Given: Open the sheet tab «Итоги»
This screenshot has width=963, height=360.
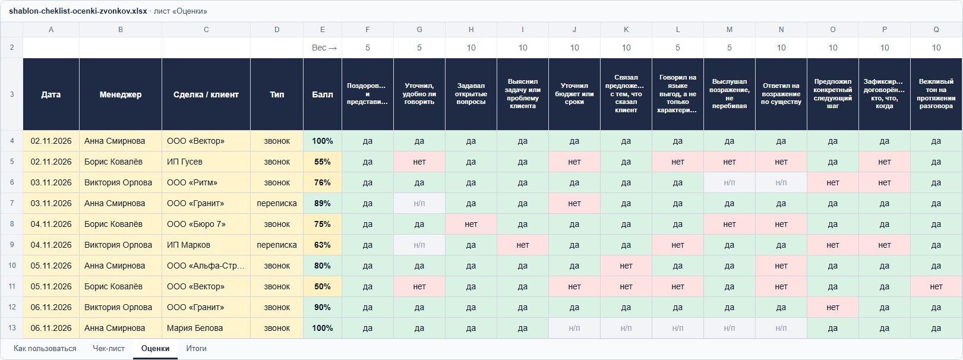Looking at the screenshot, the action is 196,348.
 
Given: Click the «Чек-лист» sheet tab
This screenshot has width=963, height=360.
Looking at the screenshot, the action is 109,348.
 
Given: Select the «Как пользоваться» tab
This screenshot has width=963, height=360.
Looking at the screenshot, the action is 45,348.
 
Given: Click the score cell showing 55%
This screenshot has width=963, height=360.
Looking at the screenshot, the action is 323,162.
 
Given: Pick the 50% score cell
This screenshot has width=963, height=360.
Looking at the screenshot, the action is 323,286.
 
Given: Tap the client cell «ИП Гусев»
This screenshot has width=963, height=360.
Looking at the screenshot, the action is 206,162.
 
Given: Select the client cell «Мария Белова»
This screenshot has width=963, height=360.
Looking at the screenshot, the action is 206,328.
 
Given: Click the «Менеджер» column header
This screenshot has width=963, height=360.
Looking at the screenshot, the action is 121,94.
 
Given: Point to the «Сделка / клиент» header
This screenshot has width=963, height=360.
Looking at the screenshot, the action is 206,94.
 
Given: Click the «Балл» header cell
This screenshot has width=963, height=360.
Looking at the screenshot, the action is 323,94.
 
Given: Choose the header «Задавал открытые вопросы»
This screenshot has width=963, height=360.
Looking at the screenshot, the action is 471,94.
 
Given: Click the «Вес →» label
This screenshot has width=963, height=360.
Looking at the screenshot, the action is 324,48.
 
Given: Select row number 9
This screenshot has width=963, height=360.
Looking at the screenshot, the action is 12,245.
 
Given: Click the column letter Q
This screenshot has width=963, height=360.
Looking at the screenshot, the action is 936,30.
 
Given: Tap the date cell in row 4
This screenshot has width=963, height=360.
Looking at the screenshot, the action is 51,141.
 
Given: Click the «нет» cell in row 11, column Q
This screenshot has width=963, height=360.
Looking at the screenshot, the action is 936,286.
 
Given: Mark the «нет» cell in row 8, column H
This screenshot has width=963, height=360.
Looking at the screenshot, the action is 471,224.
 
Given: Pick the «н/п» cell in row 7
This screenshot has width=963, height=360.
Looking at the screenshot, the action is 419,203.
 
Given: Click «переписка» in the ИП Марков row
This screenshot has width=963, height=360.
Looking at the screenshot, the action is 277,245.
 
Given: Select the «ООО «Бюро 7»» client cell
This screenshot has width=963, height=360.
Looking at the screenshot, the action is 206,224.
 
